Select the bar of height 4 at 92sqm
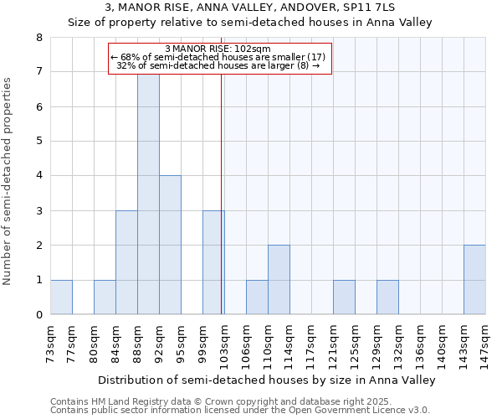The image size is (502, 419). point(170,245)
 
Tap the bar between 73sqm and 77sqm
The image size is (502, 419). point(61,297)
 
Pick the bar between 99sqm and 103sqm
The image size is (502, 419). point(213,262)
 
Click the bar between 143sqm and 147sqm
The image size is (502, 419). point(474,280)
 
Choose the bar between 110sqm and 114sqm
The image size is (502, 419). point(279,280)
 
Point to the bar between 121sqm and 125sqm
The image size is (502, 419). point(344,297)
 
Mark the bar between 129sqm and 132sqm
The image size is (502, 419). point(387,297)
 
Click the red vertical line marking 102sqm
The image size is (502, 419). point(221,209)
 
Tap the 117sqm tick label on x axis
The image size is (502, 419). point(311,343)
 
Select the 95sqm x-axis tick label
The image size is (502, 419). point(181,343)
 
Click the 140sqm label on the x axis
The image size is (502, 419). point(442,343)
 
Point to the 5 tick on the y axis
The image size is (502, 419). point(38,141)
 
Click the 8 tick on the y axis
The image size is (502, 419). point(38,38)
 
